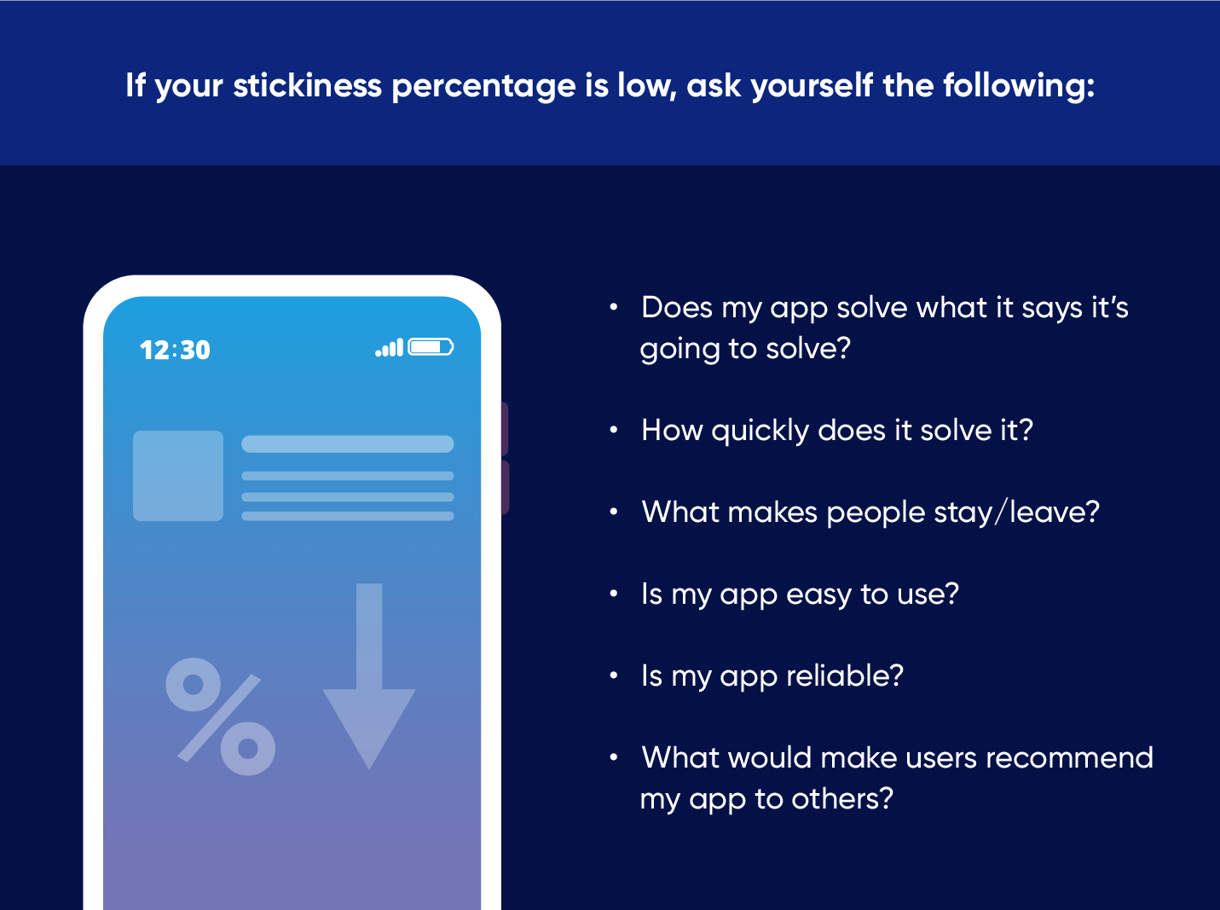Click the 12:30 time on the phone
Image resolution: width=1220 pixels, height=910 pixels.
pyautogui.click(x=175, y=351)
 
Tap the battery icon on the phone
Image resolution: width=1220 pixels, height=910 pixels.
pyautogui.click(x=431, y=347)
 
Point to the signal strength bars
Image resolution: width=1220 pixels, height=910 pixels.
pyautogui.click(x=389, y=347)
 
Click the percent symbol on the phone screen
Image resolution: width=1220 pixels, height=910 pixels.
pyautogui.click(x=221, y=716)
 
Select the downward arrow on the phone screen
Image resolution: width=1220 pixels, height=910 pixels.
pyautogui.click(x=369, y=675)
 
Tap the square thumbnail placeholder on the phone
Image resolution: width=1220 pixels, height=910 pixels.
pyautogui.click(x=178, y=476)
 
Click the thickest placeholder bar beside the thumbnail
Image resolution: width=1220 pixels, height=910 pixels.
pyautogui.click(x=347, y=444)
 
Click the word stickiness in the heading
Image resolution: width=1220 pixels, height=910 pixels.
pyautogui.click(x=308, y=85)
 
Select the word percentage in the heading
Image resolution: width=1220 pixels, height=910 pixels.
pyautogui.click(x=483, y=87)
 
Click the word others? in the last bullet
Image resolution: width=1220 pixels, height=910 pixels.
pyautogui.click(x=842, y=799)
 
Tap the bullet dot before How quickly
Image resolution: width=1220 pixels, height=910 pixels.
pyautogui.click(x=614, y=430)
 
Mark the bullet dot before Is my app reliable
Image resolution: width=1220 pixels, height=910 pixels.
pyautogui.click(x=614, y=675)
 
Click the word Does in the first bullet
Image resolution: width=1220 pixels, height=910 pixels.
pyautogui.click(x=677, y=307)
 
